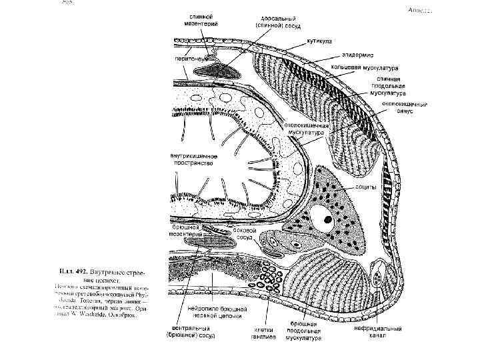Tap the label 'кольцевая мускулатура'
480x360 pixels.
(373, 68)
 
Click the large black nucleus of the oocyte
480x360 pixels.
(327, 219)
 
